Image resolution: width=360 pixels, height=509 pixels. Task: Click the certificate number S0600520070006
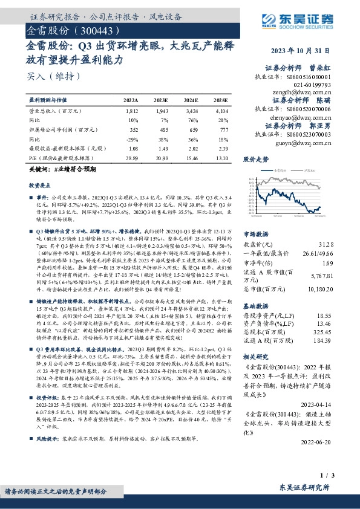pyautogui.click(x=309, y=109)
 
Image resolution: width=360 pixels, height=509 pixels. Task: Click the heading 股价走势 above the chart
pyautogui.click(x=255, y=160)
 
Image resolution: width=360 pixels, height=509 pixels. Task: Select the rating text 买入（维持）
pyautogui.click(x=47, y=76)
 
